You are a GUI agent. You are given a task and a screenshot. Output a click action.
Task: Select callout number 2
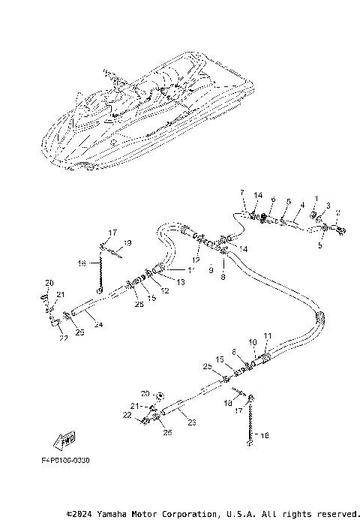click(337, 213)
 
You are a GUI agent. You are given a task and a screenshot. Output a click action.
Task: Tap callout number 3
click(328, 206)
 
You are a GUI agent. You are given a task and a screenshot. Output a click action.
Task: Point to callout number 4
click(302, 204)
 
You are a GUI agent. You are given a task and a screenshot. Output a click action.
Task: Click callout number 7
click(242, 193)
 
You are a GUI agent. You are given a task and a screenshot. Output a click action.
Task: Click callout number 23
click(192, 422)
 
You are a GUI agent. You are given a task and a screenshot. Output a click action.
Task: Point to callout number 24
click(98, 325)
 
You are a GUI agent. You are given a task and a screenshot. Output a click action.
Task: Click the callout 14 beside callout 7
click(257, 195)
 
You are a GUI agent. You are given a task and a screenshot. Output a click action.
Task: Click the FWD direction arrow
click(65, 437)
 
